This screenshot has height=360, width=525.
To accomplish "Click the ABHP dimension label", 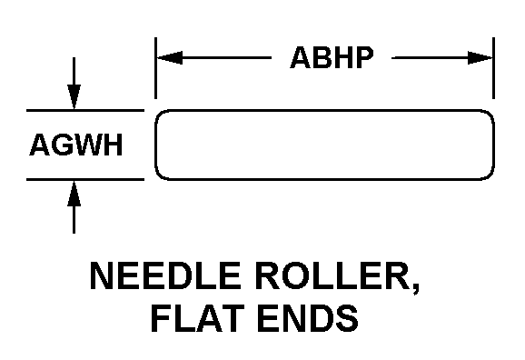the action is (x=332, y=57).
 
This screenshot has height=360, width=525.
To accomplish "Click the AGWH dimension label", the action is (x=76, y=145).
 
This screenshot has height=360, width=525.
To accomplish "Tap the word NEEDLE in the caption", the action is (x=165, y=275).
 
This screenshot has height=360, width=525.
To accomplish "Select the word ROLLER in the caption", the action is (x=334, y=275).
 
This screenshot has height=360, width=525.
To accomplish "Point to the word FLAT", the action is (x=197, y=318).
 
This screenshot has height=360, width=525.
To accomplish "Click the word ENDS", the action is (x=308, y=318).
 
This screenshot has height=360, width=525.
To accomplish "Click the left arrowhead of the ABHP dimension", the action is (x=170, y=57).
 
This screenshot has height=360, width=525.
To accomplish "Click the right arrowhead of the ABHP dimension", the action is (x=480, y=57).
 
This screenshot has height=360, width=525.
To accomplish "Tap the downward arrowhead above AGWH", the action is (x=74, y=97).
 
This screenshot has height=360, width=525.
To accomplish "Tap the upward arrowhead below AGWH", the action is (x=74, y=194).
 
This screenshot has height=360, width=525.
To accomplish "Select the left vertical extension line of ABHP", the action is (x=155, y=68).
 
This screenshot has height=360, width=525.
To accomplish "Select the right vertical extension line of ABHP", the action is (x=493, y=68).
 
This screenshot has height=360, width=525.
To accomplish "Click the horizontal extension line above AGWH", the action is (x=85, y=110).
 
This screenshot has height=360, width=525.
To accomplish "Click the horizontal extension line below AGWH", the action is (x=85, y=180).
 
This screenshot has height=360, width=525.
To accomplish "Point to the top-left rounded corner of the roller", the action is (x=159, y=114).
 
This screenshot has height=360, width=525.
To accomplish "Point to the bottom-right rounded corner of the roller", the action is (x=490, y=176).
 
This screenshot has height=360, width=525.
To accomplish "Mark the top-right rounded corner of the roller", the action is (x=490, y=114).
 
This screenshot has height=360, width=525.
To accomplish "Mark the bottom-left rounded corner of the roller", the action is (x=159, y=176).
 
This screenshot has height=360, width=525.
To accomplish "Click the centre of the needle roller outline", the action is (x=324, y=145).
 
